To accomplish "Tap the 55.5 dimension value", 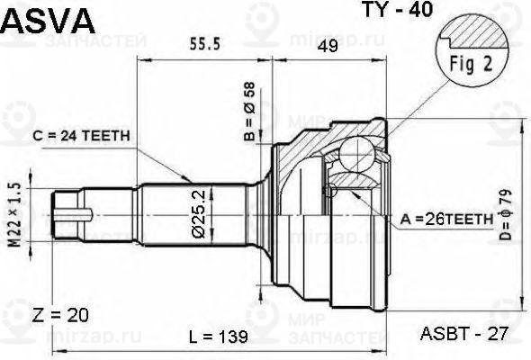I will pos(204,46).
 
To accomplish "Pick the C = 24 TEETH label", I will pos(82,136).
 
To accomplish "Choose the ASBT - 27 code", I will pos(464,335).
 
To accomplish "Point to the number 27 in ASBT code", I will pos(498,335).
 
